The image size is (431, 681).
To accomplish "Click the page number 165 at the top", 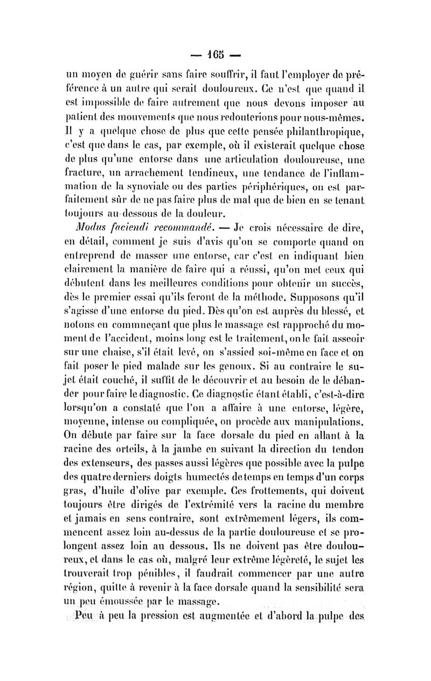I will [216, 55].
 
